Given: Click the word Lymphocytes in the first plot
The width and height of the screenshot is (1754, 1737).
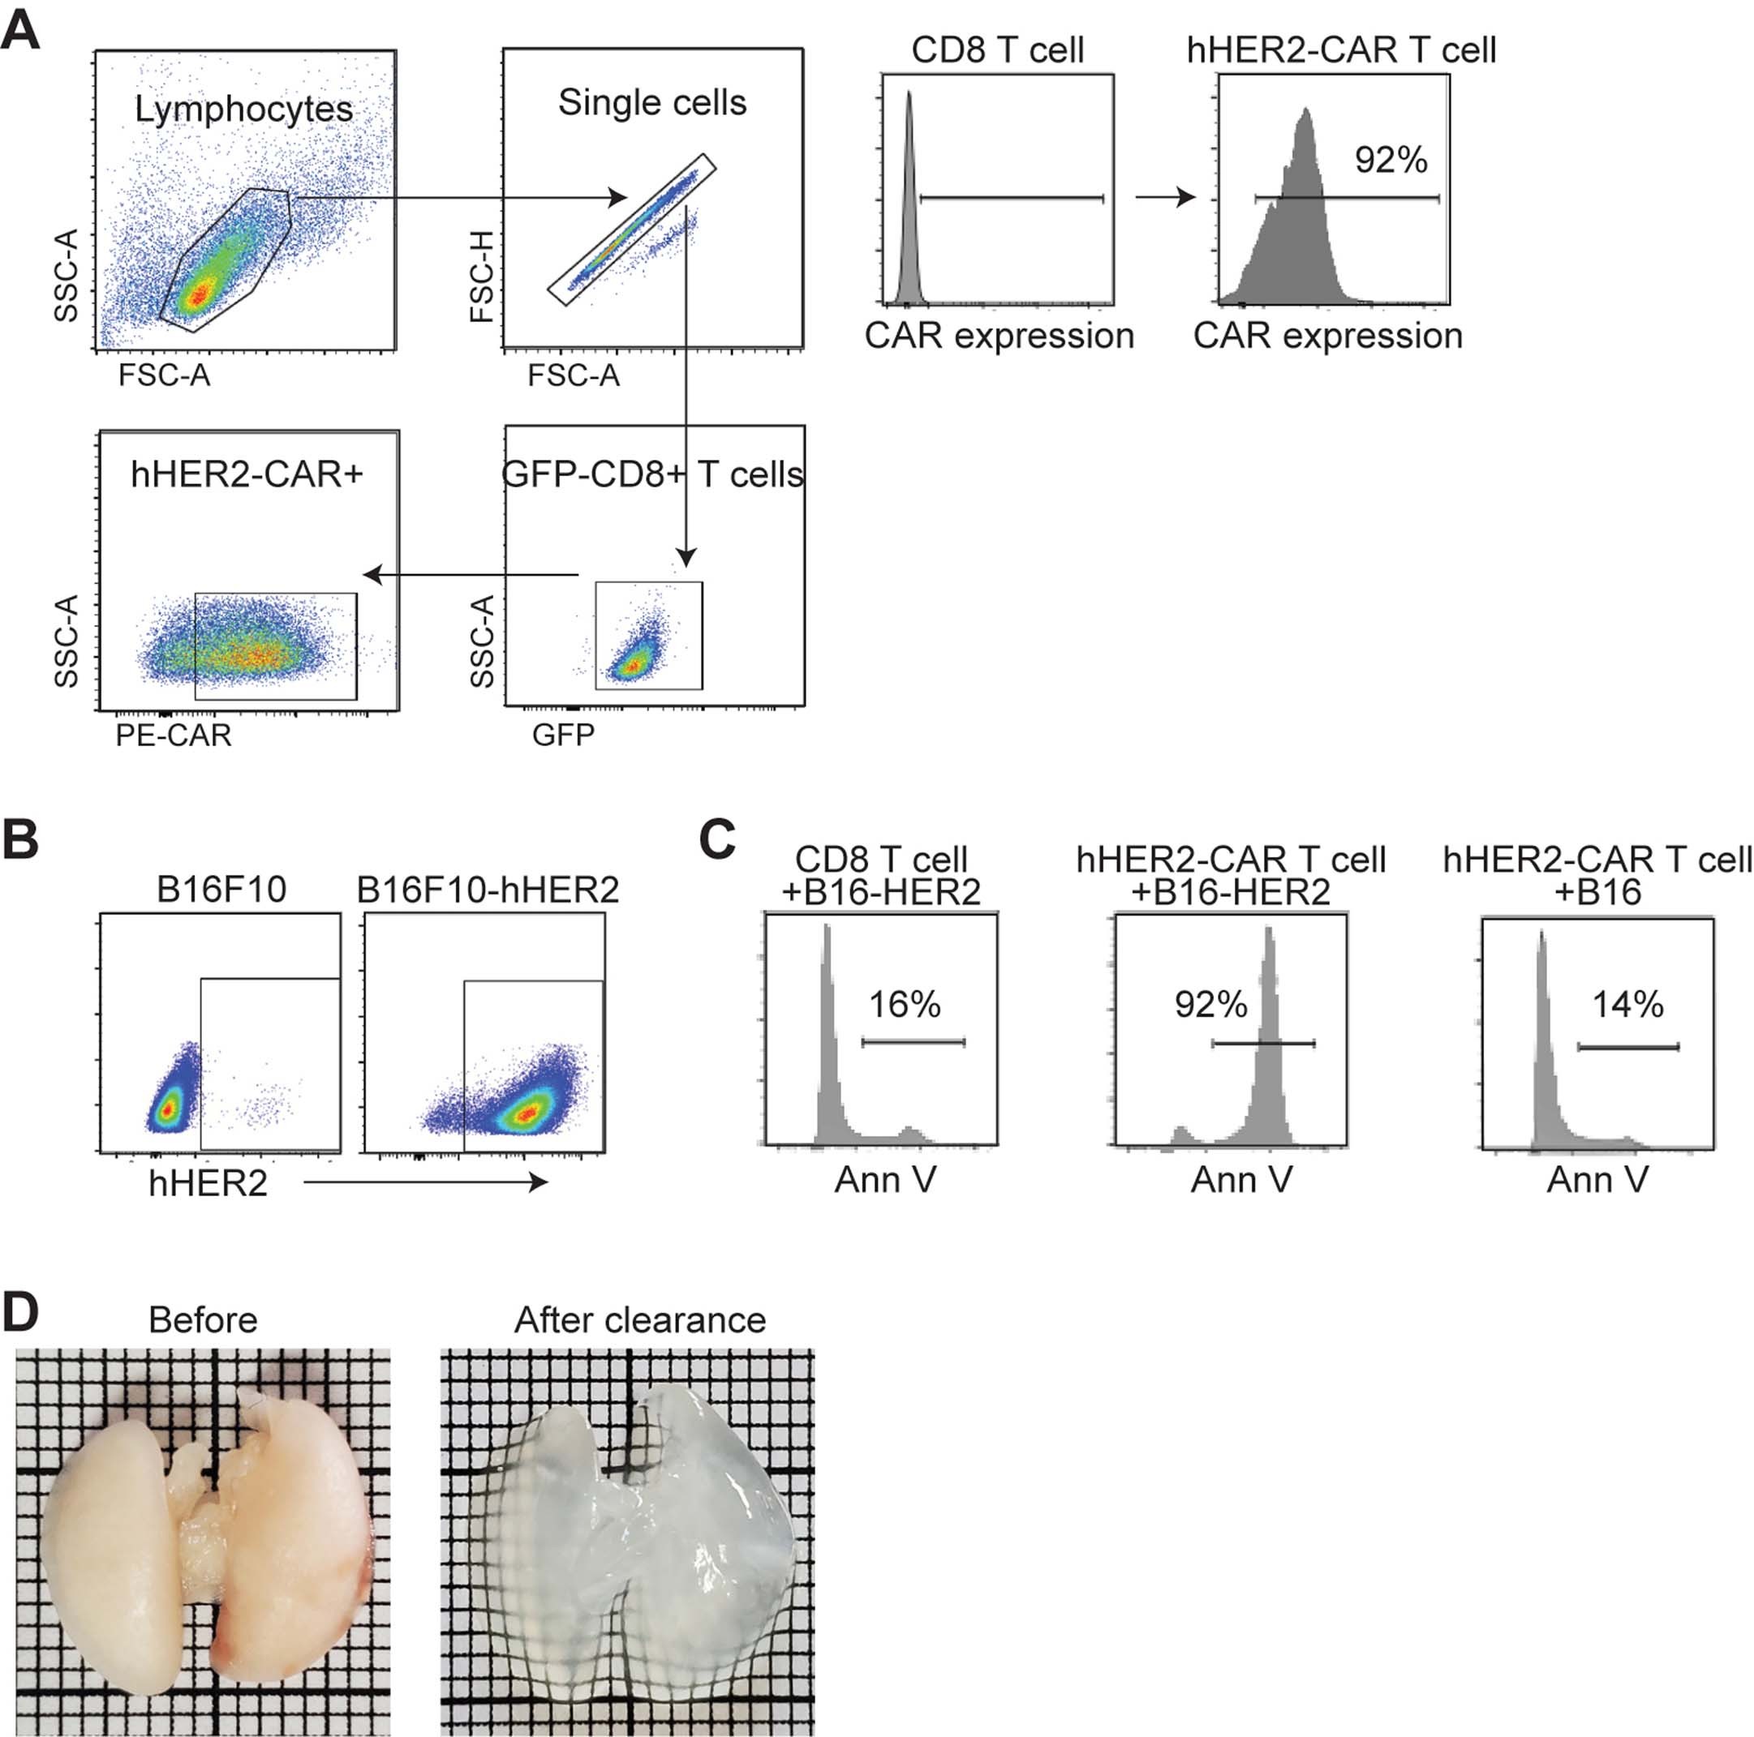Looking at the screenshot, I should pos(243,109).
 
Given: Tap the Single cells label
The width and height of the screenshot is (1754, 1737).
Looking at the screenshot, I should pos(651,102).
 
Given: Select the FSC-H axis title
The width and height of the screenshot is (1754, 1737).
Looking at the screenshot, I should pos(482,276).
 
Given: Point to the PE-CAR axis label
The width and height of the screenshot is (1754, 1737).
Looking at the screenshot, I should pos(174,734).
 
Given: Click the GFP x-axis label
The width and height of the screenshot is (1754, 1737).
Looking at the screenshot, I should pos(563,734).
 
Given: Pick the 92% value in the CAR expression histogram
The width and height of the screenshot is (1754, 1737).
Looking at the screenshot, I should pos(1390,160).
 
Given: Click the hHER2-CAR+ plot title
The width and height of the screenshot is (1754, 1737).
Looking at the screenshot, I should pos(246,474).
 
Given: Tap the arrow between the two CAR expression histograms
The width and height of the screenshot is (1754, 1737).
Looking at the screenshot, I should pos(1165,197).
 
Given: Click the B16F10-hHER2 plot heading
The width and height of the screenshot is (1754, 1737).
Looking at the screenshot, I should pos(488,890).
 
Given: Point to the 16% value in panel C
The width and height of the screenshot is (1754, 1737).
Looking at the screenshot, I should pos(905,1004).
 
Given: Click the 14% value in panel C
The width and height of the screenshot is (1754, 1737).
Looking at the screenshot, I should pos(1627,1004).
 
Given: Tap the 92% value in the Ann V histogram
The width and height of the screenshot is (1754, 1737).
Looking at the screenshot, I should pos(1210,1004).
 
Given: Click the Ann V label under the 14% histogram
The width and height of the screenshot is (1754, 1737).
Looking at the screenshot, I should pos(1597,1180).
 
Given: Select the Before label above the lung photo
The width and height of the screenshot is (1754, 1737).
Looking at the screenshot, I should pos(203,1319).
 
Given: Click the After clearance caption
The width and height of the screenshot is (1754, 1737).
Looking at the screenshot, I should pos(639,1319).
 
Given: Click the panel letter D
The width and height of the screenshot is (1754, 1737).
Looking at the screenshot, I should pos(20,1312).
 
